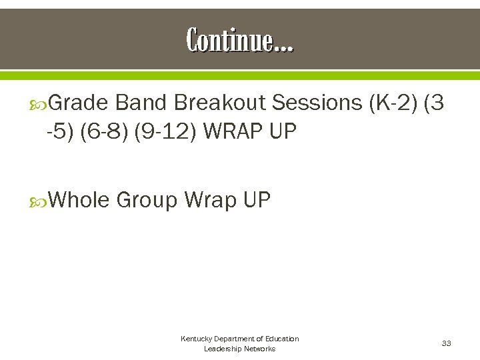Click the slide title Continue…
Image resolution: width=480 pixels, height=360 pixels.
(239, 41)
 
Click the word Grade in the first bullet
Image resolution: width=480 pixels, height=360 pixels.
(79, 103)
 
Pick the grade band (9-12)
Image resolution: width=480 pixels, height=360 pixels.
(165, 131)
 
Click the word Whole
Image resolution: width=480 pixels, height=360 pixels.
(79, 199)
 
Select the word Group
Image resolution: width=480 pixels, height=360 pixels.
(147, 199)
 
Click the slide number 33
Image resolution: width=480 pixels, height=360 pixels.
(446, 343)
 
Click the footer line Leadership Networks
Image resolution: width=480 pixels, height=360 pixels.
(239, 349)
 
